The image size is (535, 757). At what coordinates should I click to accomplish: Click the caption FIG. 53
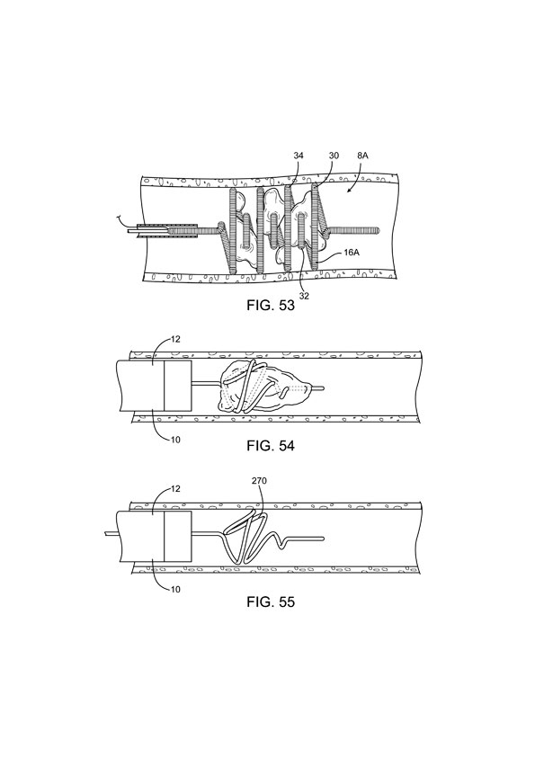[271, 306]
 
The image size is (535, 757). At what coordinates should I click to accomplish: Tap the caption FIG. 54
[271, 446]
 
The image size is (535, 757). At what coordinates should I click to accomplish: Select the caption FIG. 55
[271, 602]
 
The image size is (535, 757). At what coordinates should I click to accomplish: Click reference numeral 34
[299, 156]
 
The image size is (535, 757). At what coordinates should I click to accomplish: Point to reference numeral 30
[334, 156]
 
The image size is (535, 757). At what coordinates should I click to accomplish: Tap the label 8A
[362, 156]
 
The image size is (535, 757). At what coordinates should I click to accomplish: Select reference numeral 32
[304, 296]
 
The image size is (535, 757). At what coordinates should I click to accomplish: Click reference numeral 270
[259, 481]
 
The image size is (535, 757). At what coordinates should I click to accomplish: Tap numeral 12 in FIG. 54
[175, 340]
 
